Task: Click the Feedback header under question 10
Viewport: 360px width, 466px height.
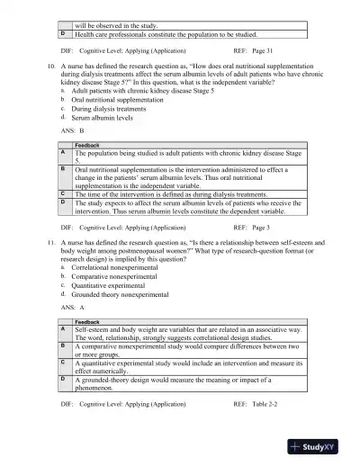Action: (87, 145)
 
